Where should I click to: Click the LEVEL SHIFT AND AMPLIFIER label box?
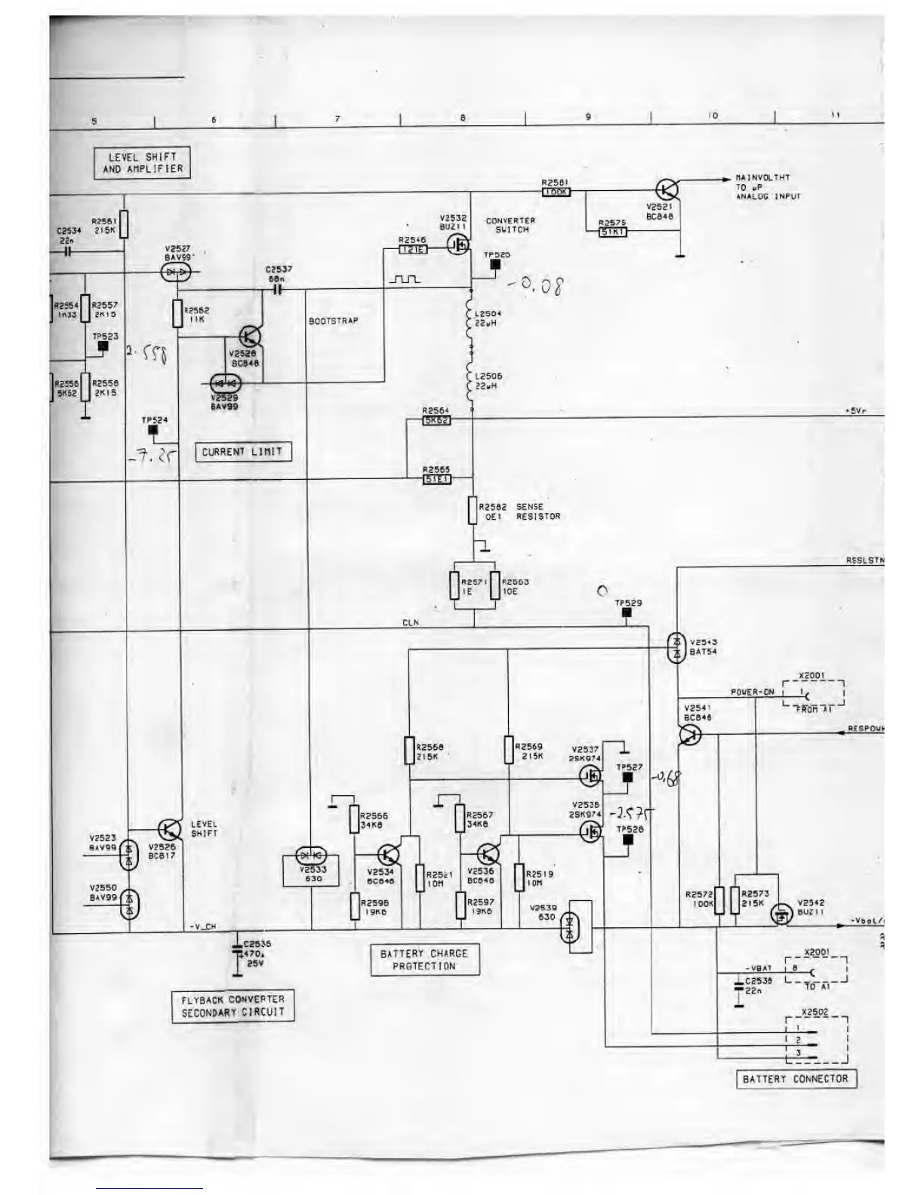click(143, 163)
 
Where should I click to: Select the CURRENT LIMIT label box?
click(242, 452)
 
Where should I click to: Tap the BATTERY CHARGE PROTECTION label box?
click(425, 960)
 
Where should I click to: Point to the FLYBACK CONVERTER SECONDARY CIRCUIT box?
click(233, 1006)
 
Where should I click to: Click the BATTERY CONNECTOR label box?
click(796, 1079)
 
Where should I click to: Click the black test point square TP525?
click(495, 265)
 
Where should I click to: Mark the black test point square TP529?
click(626, 613)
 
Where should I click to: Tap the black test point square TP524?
click(153, 430)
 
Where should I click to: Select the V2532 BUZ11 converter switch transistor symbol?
click(457, 244)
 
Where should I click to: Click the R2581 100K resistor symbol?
click(556, 192)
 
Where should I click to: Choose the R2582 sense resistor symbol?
click(473, 511)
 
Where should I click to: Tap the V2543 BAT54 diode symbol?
click(676, 647)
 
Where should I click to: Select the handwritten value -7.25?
click(156, 455)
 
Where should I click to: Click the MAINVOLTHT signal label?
click(762, 178)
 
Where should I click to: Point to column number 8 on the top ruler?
click(462, 118)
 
